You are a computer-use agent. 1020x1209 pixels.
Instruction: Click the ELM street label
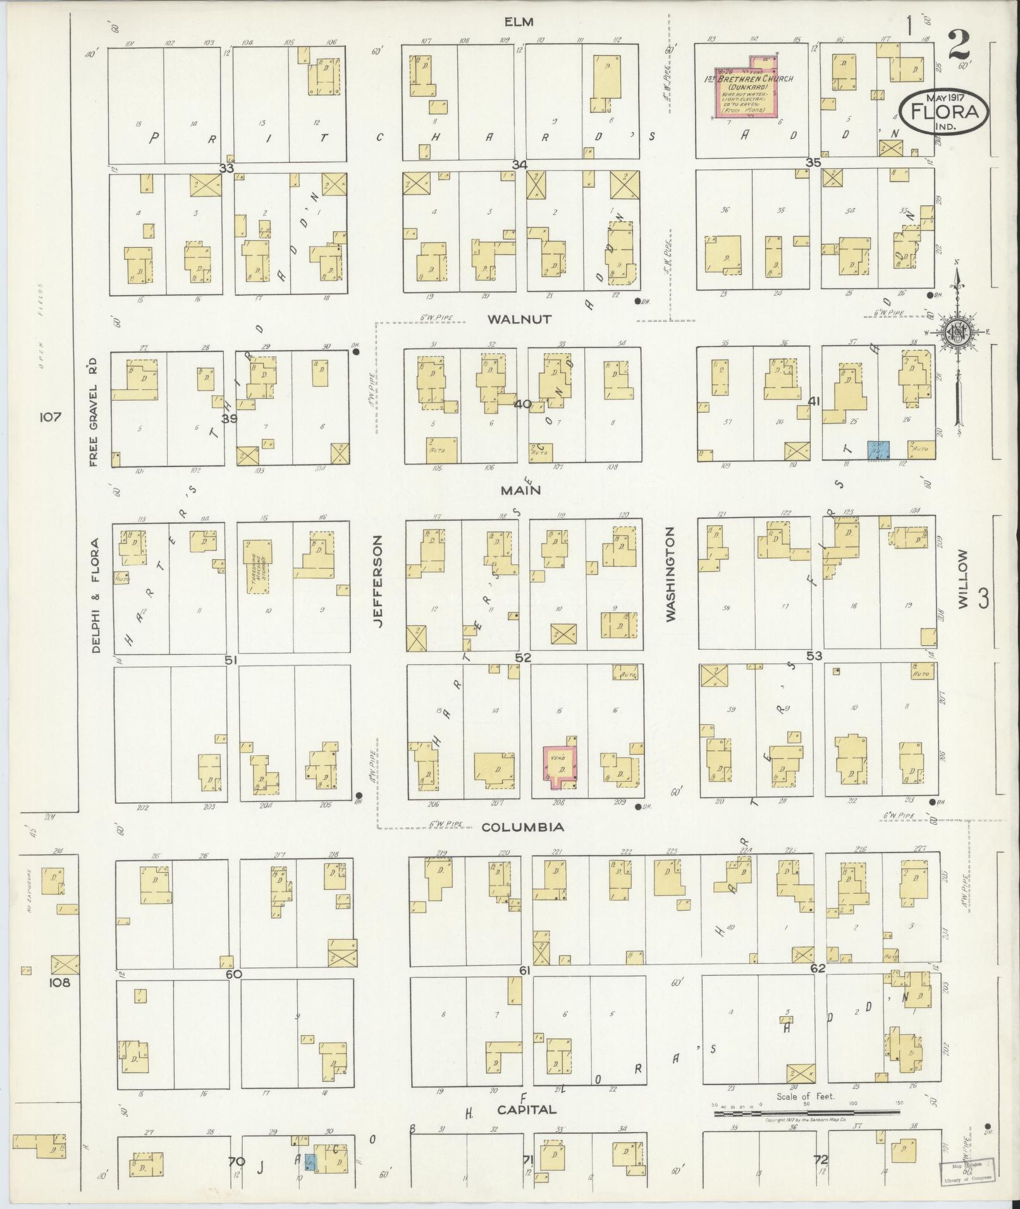[x=519, y=22]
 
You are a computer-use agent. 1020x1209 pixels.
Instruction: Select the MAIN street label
[x=521, y=490]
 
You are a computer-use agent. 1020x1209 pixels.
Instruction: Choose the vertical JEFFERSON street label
[x=379, y=581]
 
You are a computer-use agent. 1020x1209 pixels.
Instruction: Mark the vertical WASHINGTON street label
[x=670, y=574]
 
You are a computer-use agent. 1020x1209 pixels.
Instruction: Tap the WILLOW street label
[x=963, y=578]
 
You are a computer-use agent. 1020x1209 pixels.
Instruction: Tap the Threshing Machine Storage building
[x=259, y=566]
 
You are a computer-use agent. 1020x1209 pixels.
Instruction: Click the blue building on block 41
[x=878, y=450]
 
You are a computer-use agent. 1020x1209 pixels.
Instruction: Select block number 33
[x=226, y=167]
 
